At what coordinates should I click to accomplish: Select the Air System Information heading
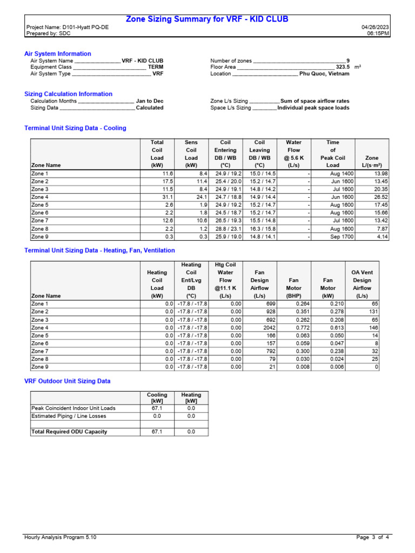[58, 54]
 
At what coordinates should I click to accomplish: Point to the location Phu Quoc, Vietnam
[324, 74]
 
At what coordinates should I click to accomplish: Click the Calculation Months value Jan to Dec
[150, 101]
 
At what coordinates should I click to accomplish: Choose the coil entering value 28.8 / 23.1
[225, 229]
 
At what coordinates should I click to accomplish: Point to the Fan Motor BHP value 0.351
[294, 312]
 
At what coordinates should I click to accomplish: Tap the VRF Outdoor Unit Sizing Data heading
[68, 381]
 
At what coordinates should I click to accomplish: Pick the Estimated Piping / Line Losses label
[69, 416]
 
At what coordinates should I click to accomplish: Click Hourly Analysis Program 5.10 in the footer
[61, 537]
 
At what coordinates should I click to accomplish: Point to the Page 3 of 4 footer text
[373, 537]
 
